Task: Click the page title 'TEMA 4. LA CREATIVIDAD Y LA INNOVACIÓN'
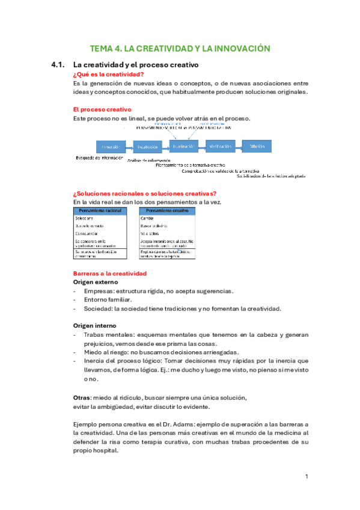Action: (x=180, y=49)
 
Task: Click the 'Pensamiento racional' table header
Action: (x=100, y=210)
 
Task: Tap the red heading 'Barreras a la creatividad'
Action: (x=109, y=273)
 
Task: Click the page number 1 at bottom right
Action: (x=306, y=476)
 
